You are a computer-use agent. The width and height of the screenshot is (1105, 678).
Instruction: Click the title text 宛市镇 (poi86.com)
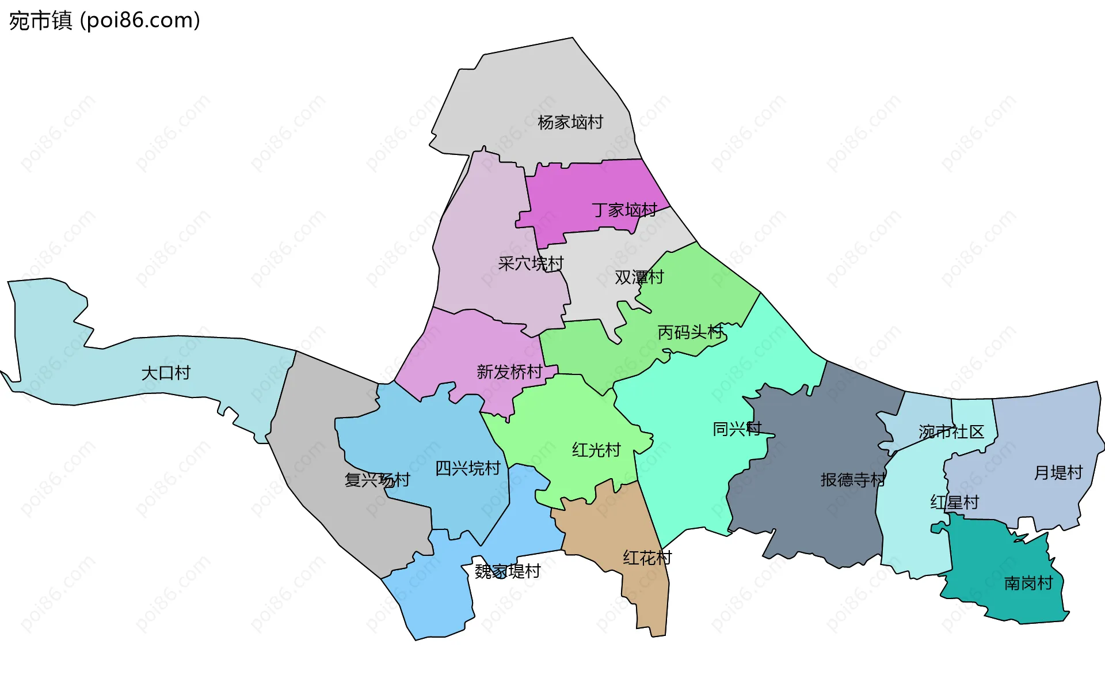point(104,20)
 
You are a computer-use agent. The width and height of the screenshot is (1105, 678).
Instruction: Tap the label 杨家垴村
point(570,122)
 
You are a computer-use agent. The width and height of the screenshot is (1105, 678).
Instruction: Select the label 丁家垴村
point(624,210)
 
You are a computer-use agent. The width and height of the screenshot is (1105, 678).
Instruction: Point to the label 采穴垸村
point(530,263)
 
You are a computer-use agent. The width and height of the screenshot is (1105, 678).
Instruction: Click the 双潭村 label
point(639,277)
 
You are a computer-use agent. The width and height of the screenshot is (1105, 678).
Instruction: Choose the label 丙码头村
point(689,332)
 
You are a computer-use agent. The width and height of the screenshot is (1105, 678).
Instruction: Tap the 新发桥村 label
point(509,372)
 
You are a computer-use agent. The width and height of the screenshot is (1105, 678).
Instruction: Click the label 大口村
point(166,373)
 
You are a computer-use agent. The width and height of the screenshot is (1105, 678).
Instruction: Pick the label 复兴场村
point(377,479)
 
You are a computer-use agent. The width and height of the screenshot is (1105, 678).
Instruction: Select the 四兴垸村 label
point(467,468)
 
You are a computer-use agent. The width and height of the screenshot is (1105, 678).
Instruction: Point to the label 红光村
point(596,449)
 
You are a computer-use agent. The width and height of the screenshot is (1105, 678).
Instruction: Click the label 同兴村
point(737,429)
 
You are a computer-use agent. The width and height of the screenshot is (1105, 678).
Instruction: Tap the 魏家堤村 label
point(507,571)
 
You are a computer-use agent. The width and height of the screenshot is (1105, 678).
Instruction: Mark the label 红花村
point(647,557)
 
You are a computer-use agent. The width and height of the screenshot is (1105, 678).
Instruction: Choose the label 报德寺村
point(852,479)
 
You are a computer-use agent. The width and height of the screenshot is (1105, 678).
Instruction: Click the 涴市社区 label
point(951,431)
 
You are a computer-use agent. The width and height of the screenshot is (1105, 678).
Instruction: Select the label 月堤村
point(1058,472)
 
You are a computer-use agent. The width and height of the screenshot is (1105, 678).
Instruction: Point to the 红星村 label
point(954,502)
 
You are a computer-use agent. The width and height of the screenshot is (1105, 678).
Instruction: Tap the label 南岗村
point(1028,583)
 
